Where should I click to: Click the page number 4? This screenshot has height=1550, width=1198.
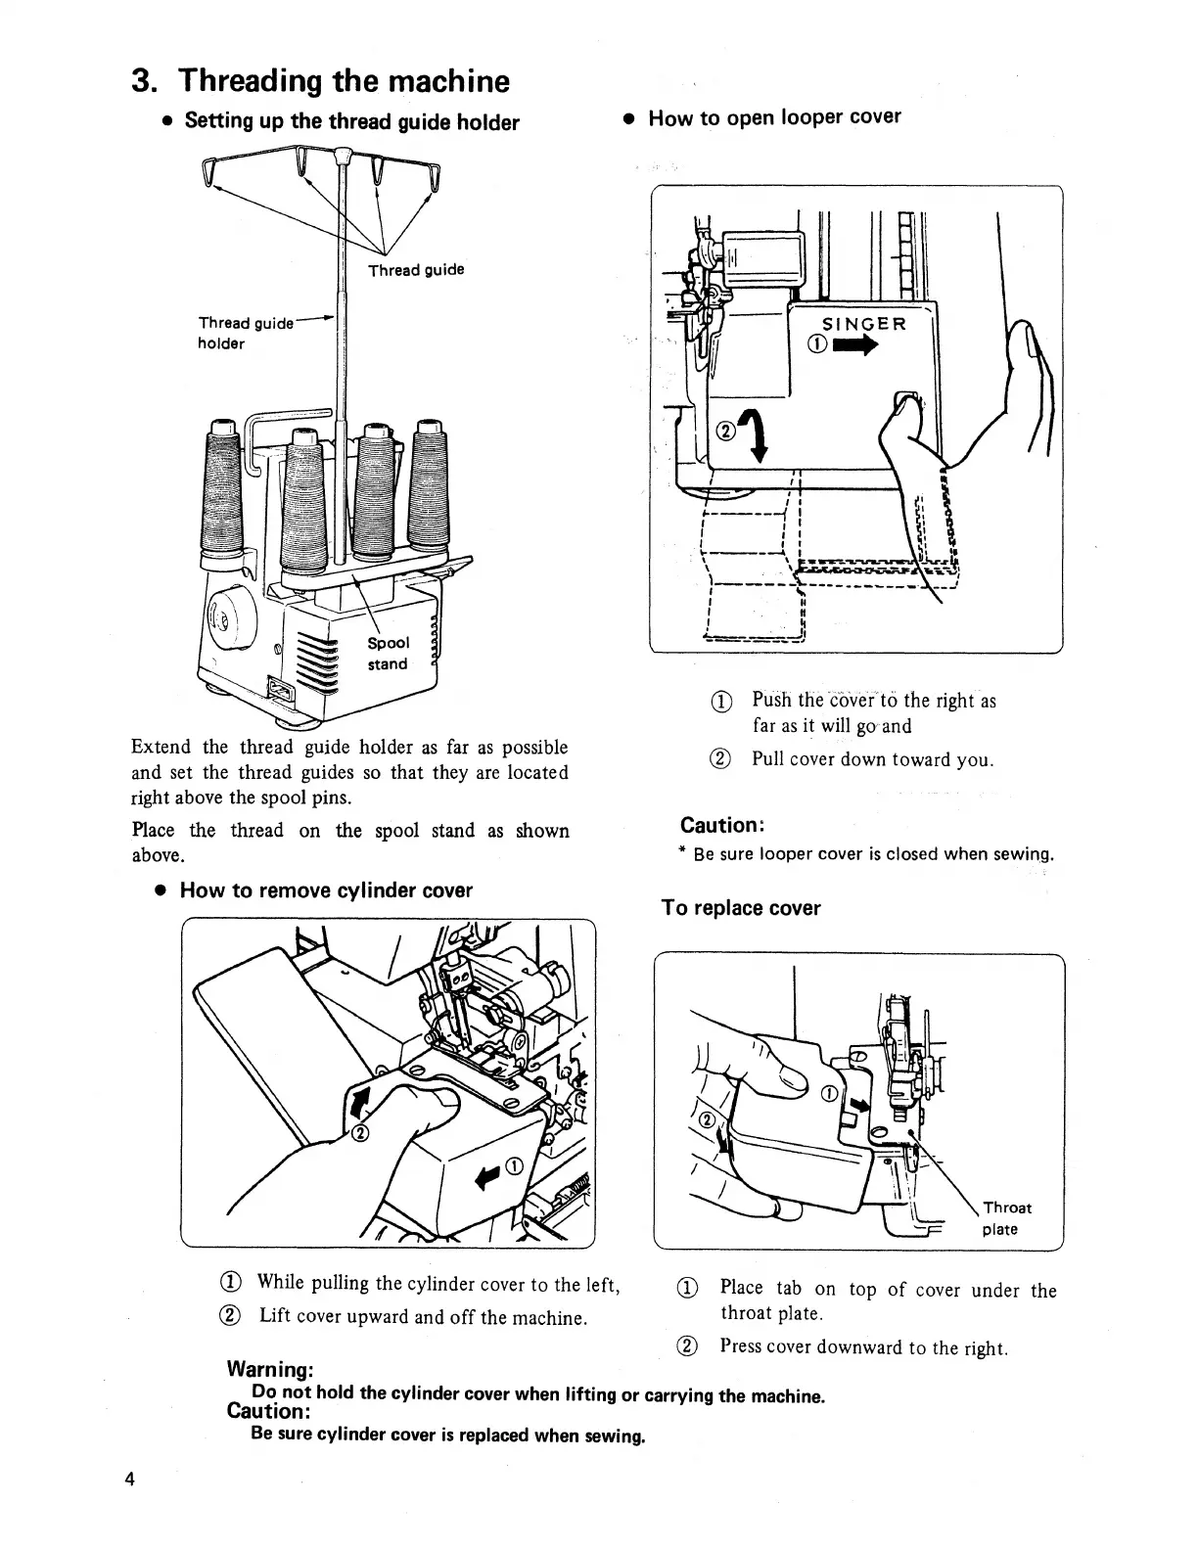click(x=129, y=1478)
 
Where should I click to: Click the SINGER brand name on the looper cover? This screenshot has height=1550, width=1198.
click(x=863, y=325)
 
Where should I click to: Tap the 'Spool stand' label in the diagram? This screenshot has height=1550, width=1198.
click(x=388, y=654)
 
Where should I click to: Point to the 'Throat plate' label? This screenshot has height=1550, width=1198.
click(x=1006, y=1218)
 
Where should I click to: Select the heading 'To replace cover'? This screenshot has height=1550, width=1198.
click(x=741, y=908)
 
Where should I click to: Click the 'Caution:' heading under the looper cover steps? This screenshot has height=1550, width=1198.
click(x=721, y=825)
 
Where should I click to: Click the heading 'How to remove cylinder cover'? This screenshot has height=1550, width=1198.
click(x=326, y=890)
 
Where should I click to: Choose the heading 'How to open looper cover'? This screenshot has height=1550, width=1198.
click(x=774, y=117)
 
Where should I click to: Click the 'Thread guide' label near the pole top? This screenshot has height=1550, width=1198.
click(x=416, y=270)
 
